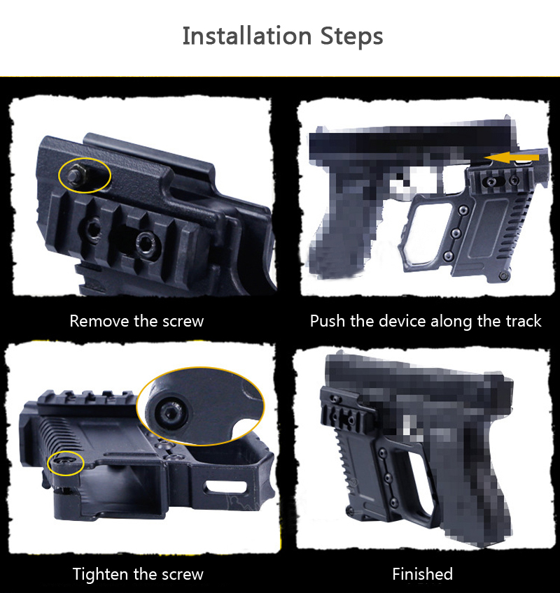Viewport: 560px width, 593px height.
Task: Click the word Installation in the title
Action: [247, 36]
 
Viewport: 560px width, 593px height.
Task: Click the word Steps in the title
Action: [352, 36]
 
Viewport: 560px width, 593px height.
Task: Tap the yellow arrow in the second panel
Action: [512, 158]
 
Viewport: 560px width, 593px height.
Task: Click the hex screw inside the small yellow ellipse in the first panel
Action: [75, 174]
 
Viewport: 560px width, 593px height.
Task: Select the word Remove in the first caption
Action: [99, 321]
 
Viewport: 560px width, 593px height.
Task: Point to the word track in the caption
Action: [524, 321]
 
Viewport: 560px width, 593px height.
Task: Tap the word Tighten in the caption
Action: [100, 574]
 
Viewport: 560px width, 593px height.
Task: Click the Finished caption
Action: [422, 574]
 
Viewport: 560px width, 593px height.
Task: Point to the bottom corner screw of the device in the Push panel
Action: [503, 276]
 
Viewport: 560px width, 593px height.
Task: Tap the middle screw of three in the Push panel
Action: [456, 232]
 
